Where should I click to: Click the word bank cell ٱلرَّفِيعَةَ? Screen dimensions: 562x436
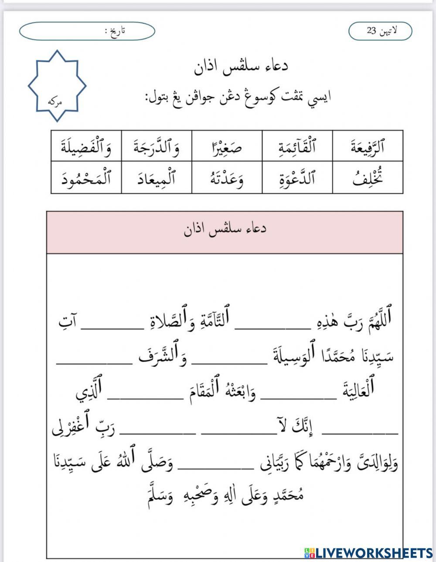367,146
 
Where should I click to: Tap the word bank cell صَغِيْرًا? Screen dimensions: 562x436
227,146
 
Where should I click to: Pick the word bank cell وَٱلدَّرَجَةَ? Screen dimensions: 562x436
157,146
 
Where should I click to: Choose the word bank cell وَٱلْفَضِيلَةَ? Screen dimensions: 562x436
86,146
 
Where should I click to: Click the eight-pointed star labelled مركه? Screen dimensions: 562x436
57,86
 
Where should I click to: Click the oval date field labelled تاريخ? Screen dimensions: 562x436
87,31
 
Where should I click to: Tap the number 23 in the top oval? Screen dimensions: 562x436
371,31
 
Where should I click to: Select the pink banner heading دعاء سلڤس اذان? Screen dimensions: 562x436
225,230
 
